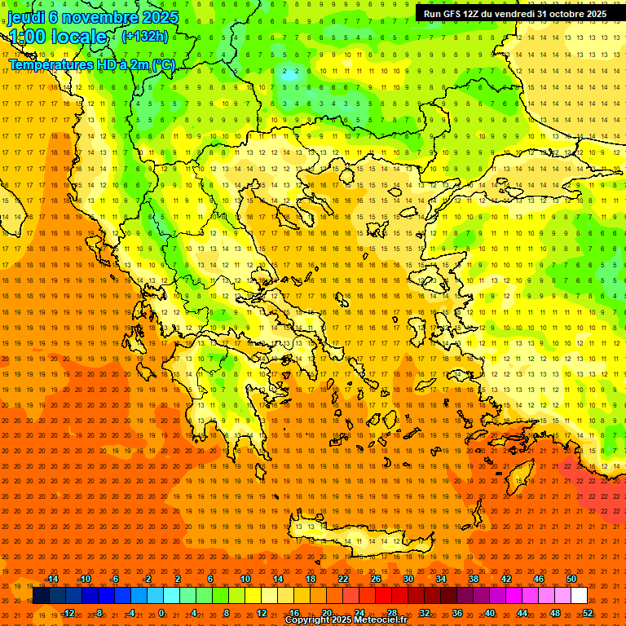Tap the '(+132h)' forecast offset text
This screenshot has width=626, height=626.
click(144, 36)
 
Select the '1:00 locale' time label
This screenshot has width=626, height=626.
click(57, 37)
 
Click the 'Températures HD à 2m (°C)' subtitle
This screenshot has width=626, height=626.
click(92, 65)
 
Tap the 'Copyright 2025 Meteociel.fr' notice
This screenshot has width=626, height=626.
click(357, 620)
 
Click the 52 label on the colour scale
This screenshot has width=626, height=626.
click(588, 612)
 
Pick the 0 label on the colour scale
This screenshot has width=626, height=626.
click(161, 612)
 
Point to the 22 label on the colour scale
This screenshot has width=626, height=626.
click(343, 579)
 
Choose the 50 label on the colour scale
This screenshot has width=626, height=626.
click(571, 579)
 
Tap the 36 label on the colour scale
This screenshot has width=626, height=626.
click(457, 612)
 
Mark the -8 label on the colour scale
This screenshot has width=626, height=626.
click(98, 612)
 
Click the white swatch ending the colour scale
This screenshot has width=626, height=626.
click(579, 596)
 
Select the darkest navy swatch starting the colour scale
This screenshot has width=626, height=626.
click(41, 596)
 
